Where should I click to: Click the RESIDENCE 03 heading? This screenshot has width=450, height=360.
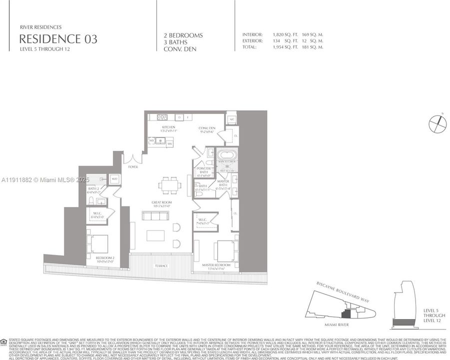point(58,39)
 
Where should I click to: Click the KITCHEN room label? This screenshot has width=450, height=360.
point(168,128)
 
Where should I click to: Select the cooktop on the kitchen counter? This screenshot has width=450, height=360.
point(162,117)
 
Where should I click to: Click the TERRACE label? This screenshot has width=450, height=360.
point(161,265)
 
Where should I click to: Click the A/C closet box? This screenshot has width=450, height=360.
point(232,119)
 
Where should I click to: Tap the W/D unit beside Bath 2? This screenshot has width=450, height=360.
point(114,178)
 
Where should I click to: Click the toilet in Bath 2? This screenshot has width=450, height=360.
point(90,201)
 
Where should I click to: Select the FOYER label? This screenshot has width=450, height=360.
point(132,167)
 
